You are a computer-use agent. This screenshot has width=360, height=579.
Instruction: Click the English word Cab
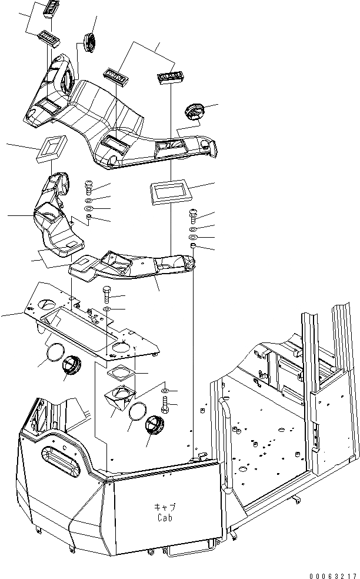click(165, 518)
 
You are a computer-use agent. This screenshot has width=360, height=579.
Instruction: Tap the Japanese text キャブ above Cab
click(165, 507)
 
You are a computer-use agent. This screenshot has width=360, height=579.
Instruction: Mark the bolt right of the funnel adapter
click(165, 404)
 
